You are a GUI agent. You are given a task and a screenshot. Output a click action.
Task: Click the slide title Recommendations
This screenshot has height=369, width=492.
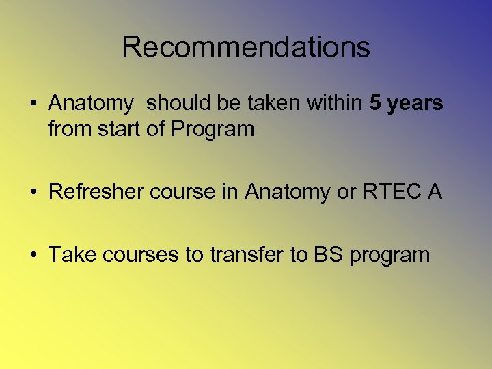(x=246, y=47)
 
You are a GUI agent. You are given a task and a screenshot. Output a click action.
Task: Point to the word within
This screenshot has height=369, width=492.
(x=334, y=103)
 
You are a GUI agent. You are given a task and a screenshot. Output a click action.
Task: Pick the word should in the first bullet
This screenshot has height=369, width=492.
(x=175, y=103)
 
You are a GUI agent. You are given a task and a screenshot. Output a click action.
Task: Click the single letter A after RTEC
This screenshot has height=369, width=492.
(x=435, y=192)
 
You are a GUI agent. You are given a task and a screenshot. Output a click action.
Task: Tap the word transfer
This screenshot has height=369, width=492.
(x=247, y=255)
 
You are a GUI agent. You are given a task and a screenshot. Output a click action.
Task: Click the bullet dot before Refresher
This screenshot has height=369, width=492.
(x=33, y=193)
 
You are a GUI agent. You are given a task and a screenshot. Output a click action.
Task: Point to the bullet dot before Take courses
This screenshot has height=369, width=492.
(x=33, y=256)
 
